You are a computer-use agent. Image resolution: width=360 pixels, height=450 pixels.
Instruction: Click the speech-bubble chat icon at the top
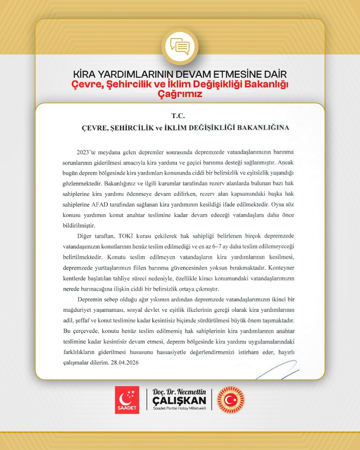[x=180, y=45]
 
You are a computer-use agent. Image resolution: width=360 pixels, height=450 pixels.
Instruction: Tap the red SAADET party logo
[x=127, y=400]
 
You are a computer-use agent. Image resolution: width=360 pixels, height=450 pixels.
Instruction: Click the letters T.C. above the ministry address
[x=180, y=114]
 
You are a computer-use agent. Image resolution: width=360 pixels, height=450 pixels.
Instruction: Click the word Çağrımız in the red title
[x=180, y=94]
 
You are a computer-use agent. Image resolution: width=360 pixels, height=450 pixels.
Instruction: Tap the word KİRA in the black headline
[x=86, y=75]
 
